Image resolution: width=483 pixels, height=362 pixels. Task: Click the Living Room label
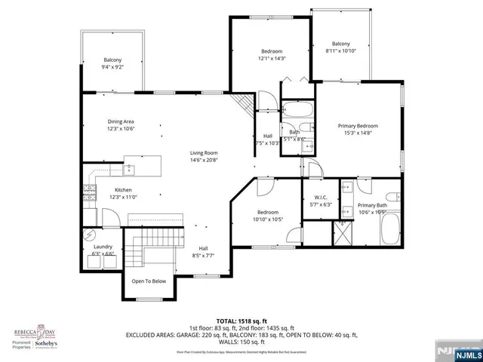tap(205, 152)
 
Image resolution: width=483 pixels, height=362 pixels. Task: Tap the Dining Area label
tap(120, 121)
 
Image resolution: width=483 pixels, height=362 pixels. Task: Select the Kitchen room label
tap(123, 189)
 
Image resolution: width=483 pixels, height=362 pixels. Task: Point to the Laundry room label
tap(103, 247)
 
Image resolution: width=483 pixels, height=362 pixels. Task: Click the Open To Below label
tap(149, 281)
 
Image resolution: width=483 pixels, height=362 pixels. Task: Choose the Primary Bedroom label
tap(357, 126)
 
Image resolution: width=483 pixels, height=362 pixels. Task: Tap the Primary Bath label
tap(371, 205)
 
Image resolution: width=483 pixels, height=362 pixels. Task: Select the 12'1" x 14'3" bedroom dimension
tap(271, 58)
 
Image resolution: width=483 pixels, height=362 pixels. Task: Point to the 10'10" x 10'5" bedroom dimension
tap(268, 219)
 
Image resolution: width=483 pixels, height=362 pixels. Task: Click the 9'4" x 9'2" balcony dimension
tap(112, 67)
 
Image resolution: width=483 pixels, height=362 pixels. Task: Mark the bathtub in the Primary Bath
tap(392, 229)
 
